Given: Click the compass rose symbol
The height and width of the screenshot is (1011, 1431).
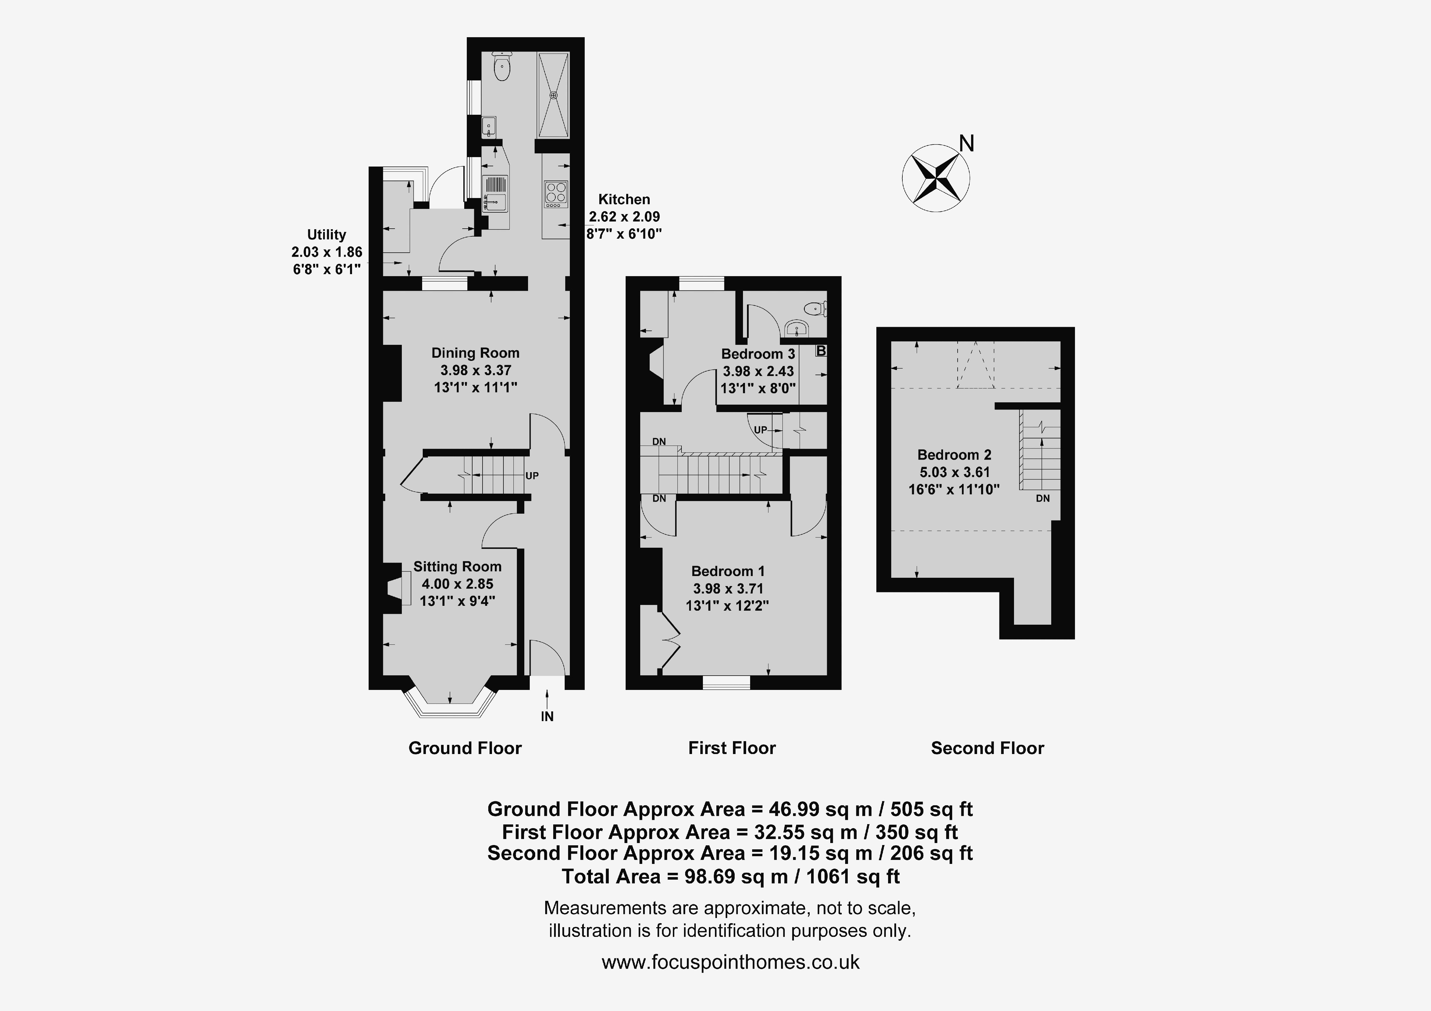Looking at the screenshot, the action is pyautogui.click(x=936, y=178).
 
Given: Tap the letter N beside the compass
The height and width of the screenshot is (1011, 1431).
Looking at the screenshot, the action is pyautogui.click(x=966, y=144).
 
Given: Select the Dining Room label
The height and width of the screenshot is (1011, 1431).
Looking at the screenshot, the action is pyautogui.click(x=476, y=353).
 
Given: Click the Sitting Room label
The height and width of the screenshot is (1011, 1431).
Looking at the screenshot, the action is pyautogui.click(x=457, y=567).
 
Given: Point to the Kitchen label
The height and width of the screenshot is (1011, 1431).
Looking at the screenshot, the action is pyautogui.click(x=624, y=199).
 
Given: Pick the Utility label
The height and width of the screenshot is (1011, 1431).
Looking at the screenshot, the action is pyautogui.click(x=327, y=235).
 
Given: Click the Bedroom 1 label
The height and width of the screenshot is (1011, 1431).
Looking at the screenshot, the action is pyautogui.click(x=728, y=571).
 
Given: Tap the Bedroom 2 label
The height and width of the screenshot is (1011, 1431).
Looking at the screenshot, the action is pyautogui.click(x=954, y=455).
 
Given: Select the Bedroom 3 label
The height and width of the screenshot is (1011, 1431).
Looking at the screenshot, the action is pyautogui.click(x=758, y=354).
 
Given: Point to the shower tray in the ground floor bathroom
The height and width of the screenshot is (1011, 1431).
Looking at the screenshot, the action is pyautogui.click(x=554, y=95).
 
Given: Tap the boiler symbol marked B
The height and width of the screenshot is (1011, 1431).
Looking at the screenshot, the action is pyautogui.click(x=821, y=351).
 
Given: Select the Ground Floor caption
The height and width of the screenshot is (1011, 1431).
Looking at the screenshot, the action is pyautogui.click(x=465, y=748).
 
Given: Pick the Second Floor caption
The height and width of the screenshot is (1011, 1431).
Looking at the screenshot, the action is pyautogui.click(x=987, y=748).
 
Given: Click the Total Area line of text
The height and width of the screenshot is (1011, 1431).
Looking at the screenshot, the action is pyautogui.click(x=730, y=877).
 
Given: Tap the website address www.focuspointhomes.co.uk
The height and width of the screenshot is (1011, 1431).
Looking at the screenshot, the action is pyautogui.click(x=730, y=962).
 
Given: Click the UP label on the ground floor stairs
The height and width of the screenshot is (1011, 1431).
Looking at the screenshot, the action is pyautogui.click(x=532, y=476).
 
